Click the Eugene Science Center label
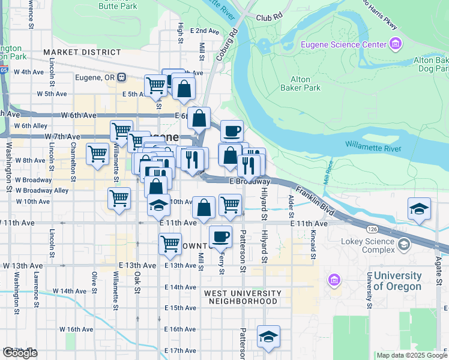pyautogui.click(x=343, y=44)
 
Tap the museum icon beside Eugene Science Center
pyautogui.click(x=395, y=44)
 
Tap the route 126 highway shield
pyautogui.click(x=372, y=229)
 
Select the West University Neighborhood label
pyautogui.click(x=243, y=297)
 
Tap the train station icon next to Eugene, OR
pyautogui.click(x=121, y=77)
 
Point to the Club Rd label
pyautogui.click(x=268, y=18)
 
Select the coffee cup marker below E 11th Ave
pyautogui.click(x=220, y=236)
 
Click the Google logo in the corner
pyautogui.click(x=20, y=353)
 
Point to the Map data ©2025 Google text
pyautogui.click(x=412, y=355)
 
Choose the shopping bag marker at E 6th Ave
pyautogui.click(x=199, y=119)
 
